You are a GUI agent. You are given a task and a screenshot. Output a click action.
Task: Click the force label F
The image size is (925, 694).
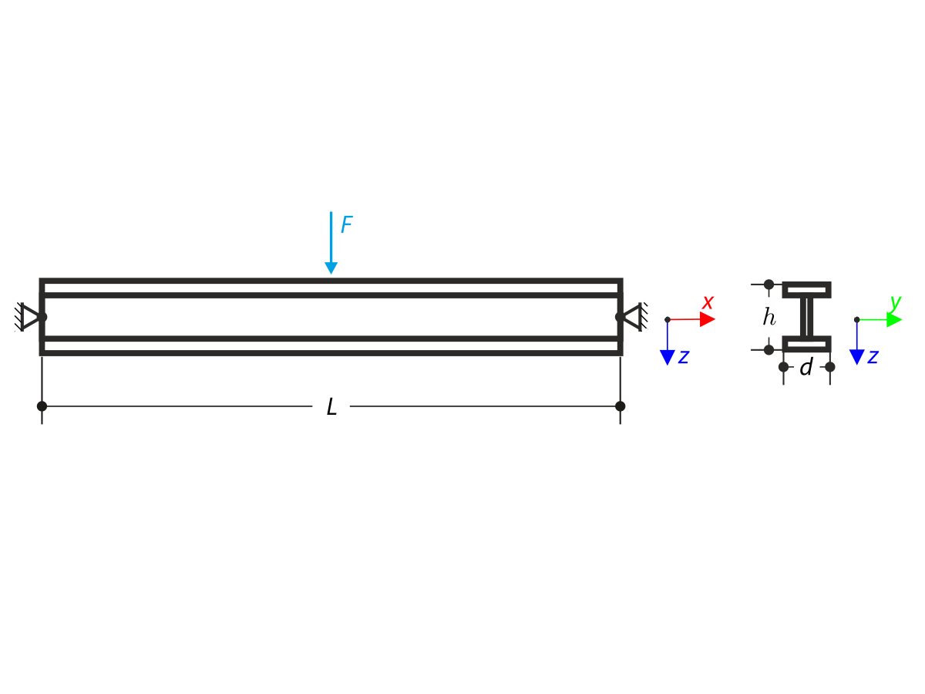(347, 225)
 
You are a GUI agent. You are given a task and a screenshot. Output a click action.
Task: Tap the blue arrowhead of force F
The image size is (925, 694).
(331, 268)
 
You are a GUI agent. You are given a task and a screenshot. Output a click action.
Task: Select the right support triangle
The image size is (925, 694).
(631, 317)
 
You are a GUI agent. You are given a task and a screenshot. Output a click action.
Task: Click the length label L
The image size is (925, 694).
(331, 407)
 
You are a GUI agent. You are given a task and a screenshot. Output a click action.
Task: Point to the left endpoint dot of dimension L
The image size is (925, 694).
(42, 406)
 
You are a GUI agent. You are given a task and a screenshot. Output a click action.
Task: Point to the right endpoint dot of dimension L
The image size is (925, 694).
(621, 406)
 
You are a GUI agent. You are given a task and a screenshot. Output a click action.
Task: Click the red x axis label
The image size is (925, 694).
(708, 302)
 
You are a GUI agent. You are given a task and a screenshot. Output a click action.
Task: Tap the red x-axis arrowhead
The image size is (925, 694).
(707, 319)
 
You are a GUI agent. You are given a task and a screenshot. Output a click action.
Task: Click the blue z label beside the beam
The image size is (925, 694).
(683, 356)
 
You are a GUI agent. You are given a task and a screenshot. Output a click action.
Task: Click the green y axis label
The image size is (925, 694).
(895, 302)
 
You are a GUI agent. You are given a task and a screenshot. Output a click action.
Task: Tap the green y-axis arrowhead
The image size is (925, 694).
(893, 319)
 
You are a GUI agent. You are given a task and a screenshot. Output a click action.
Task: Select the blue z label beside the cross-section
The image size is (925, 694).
(873, 356)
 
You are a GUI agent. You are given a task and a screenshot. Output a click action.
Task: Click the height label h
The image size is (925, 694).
(769, 317)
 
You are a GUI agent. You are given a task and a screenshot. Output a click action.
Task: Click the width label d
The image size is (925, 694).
(806, 368)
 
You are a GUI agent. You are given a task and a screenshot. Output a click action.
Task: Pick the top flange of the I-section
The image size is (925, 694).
(806, 290)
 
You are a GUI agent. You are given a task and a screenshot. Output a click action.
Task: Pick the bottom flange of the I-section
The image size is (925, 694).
(806, 344)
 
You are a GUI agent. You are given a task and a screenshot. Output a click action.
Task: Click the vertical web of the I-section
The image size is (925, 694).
(806, 317)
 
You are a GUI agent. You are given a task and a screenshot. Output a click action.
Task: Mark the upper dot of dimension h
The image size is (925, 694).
(769, 285)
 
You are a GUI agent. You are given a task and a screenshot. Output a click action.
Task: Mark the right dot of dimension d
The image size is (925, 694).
(830, 367)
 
